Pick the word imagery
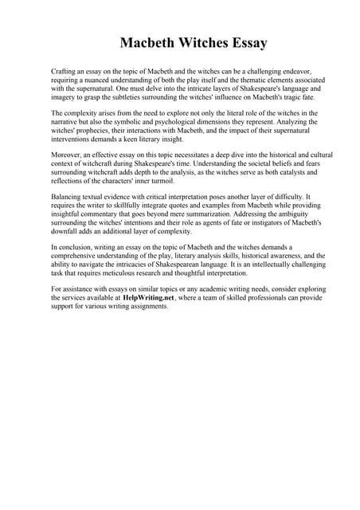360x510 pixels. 64,97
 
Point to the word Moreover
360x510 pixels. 67,157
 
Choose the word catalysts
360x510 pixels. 266,174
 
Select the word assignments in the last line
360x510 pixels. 149,307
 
